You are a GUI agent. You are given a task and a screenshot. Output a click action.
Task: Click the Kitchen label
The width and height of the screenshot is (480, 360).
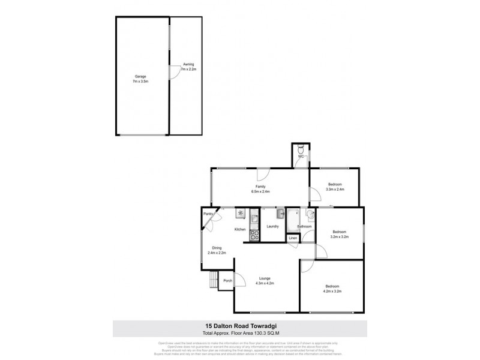pos(240,230)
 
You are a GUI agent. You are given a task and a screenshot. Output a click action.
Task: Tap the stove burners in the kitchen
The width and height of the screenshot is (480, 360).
pos(253,236)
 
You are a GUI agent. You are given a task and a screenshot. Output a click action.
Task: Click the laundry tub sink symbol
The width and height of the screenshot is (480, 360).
pos(280,213)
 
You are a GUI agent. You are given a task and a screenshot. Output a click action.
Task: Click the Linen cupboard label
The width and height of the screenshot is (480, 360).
pos(293,238)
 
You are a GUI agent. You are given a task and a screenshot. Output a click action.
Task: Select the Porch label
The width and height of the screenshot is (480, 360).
pos(227,280)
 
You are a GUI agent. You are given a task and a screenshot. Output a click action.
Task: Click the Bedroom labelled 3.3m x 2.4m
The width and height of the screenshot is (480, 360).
pos(334,187)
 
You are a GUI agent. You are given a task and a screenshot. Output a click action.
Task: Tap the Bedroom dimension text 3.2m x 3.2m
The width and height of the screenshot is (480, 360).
pos(340,238)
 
